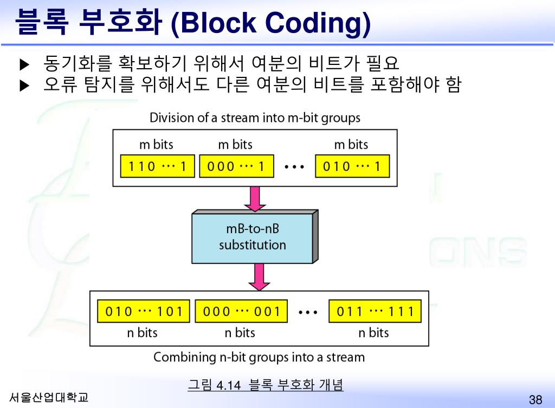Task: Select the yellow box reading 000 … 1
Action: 235,167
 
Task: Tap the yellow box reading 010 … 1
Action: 352,167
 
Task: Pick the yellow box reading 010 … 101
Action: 144,312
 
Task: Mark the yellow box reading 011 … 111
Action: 375,312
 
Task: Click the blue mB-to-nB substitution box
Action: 253,238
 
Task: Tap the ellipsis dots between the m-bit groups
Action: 295,167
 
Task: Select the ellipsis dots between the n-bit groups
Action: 308,312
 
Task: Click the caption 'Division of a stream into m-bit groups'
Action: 255,117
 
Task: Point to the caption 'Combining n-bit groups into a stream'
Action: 259,357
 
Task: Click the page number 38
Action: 535,400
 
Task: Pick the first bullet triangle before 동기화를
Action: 23,65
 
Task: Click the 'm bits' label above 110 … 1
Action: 156,144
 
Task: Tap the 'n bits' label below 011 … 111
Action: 373,333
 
